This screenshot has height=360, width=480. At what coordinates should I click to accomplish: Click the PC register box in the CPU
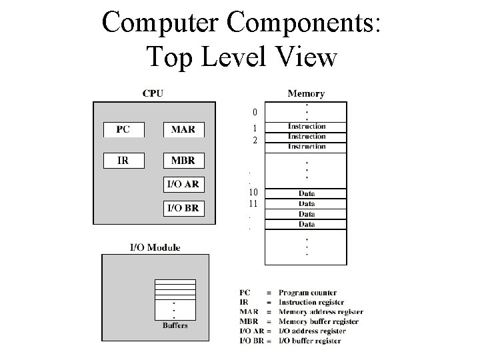tap(123, 130)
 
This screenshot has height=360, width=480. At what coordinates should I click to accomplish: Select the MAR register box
tap(183, 130)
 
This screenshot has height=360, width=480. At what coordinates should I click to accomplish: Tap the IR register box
tap(123, 161)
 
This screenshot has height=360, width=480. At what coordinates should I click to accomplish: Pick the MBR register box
tap(183, 161)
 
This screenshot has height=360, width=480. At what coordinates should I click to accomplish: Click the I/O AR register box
tap(183, 185)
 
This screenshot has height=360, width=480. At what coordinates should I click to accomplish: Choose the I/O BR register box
tap(183, 208)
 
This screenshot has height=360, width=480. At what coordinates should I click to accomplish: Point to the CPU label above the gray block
tap(153, 93)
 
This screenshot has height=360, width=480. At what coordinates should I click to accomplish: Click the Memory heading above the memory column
tap(306, 93)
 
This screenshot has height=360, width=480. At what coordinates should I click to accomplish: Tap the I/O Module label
tap(155, 247)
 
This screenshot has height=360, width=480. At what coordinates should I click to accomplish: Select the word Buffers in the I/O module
tap(175, 325)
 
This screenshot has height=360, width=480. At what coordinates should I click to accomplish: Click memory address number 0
tap(255, 111)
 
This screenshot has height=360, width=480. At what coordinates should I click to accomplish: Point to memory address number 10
tap(253, 193)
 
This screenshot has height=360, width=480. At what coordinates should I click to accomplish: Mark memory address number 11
tap(253, 203)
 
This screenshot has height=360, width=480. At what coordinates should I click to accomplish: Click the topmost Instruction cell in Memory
tap(307, 126)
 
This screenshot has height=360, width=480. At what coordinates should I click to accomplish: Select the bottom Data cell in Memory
tap(307, 225)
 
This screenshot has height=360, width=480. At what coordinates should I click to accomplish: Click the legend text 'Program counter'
tap(307, 293)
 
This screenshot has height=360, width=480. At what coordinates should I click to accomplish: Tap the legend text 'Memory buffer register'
tap(319, 321)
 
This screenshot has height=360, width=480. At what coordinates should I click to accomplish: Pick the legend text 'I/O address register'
tap(312, 331)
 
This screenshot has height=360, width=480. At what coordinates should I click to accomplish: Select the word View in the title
tap(306, 57)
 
